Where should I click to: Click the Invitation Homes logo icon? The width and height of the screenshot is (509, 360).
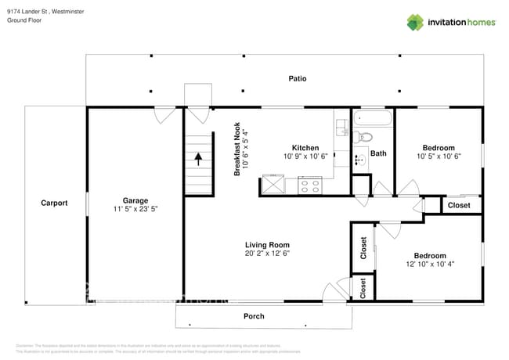click(x=415, y=22)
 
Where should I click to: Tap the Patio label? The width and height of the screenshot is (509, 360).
click(x=297, y=78)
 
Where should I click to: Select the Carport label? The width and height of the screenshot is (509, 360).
click(x=54, y=203)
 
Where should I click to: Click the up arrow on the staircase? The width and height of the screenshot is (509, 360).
click(x=198, y=160)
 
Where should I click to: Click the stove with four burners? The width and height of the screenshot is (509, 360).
click(x=310, y=185)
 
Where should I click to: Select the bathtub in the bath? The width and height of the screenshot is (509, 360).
click(x=371, y=119)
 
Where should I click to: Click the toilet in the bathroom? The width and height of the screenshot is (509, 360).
click(x=362, y=138)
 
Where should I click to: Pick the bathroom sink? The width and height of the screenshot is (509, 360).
click(x=359, y=161)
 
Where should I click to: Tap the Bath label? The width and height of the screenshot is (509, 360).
click(x=378, y=153)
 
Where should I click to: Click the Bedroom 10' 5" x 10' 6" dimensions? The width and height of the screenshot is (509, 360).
click(x=438, y=156)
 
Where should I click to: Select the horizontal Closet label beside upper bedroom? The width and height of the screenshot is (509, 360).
click(x=459, y=205)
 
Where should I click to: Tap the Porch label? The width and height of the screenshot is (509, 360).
click(x=254, y=316)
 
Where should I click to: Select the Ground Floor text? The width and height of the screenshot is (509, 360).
click(x=23, y=20)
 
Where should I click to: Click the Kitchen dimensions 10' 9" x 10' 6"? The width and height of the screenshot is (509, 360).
click(x=305, y=156)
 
